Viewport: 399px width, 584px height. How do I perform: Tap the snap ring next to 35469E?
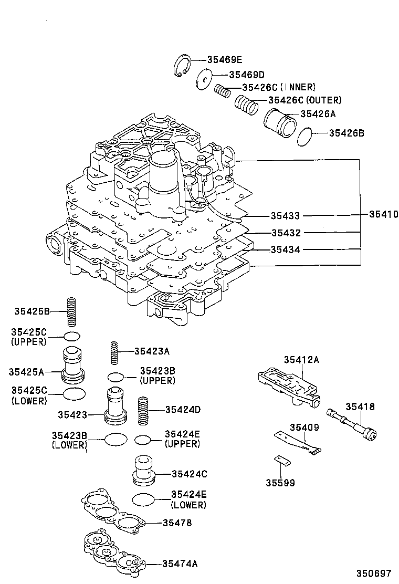(182, 67)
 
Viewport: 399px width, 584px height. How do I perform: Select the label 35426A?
(318, 113)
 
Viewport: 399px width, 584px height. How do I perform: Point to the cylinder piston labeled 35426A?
(279, 124)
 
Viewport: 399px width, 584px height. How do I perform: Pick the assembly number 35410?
(383, 214)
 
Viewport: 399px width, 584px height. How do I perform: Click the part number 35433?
(285, 215)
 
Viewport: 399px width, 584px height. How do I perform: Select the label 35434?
(285, 249)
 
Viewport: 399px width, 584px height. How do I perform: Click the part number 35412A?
(301, 360)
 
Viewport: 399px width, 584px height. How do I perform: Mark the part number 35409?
(305, 427)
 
